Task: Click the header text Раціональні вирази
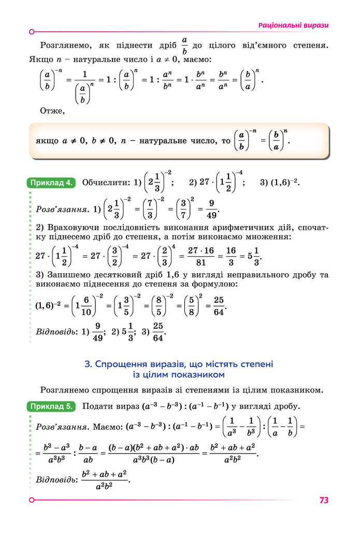[294, 25]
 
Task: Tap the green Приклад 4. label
[51, 182]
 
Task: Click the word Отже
[52, 110]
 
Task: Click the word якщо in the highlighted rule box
[47, 141]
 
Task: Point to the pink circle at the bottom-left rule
[32, 500]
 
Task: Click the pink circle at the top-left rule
[32, 32]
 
